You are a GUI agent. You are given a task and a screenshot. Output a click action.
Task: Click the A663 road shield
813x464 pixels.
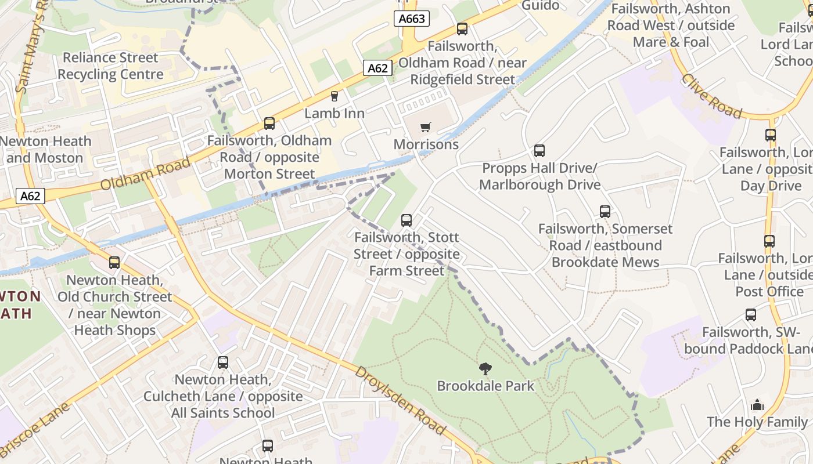point(412,19)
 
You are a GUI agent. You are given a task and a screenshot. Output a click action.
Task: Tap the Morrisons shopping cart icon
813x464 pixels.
point(426,127)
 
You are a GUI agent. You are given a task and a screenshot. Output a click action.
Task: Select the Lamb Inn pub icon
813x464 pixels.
point(334,96)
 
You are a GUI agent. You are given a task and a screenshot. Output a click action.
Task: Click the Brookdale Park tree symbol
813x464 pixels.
point(485,368)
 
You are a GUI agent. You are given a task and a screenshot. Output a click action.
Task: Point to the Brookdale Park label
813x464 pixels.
point(485,386)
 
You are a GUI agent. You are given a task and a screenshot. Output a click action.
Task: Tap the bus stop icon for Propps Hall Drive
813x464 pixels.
point(539,151)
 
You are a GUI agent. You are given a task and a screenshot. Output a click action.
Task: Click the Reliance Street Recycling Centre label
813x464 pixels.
point(110,66)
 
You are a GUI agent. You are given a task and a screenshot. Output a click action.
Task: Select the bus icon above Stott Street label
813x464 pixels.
point(406,220)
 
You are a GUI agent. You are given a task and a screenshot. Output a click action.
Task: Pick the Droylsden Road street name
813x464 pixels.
point(400,400)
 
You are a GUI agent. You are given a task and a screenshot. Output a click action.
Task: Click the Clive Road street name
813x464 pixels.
point(711,96)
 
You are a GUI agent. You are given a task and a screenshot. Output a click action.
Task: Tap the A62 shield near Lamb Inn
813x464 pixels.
point(377,68)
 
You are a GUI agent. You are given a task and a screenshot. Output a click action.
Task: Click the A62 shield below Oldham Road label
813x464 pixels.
point(30,196)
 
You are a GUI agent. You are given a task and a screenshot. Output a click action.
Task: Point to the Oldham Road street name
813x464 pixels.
point(146,173)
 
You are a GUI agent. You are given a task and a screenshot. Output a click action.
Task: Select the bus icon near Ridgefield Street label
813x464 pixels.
point(462,28)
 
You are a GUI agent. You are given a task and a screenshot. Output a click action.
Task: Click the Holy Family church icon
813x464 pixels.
point(757,405)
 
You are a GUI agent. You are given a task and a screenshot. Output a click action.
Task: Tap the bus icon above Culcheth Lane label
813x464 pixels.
point(223,362)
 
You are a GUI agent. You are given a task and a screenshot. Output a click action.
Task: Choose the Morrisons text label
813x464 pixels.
point(426,144)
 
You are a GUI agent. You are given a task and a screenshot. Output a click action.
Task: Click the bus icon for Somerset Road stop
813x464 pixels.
point(605,212)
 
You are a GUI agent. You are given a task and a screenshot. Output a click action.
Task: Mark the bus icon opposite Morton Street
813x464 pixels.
point(269,123)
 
